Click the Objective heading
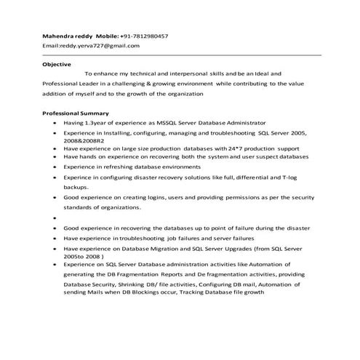coord(56,64)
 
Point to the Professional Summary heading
coord(76,113)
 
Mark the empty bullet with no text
coord(55,217)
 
